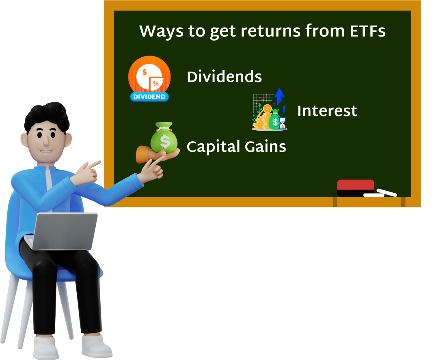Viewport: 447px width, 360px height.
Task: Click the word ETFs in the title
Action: [368, 31]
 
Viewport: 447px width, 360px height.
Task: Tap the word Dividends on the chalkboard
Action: [225, 77]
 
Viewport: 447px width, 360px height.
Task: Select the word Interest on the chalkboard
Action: [327, 111]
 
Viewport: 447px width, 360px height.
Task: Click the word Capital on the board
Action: [213, 147]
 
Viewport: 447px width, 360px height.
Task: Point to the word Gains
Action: [266, 147]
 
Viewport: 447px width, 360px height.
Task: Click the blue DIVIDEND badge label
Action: [149, 97]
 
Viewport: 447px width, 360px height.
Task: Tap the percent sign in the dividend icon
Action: [155, 83]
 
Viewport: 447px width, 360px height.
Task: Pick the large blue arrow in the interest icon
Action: [280, 96]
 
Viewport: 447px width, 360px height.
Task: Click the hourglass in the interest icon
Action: [282, 123]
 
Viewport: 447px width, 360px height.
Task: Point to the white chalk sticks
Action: [380, 193]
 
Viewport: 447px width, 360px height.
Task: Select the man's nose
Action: [46, 140]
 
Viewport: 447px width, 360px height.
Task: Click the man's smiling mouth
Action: [46, 152]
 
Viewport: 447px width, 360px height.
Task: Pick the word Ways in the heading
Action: [161, 31]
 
